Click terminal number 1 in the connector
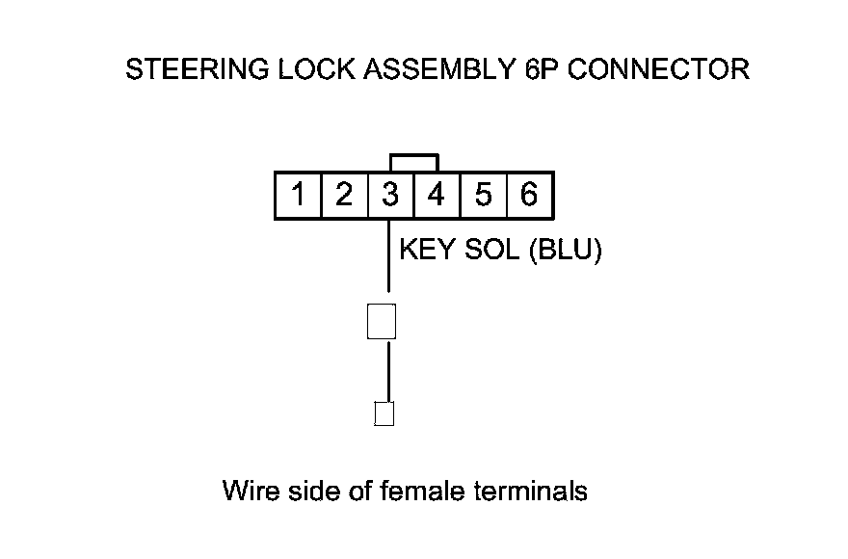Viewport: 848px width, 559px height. (x=299, y=197)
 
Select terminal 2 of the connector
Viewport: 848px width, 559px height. (x=344, y=197)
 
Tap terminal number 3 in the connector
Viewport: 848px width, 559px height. (x=390, y=197)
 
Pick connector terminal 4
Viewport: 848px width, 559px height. (x=437, y=197)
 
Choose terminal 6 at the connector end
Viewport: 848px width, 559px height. (x=529, y=197)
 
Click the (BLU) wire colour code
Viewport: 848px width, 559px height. (x=565, y=251)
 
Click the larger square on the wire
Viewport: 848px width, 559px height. (x=382, y=321)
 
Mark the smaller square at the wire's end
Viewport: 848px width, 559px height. (x=384, y=413)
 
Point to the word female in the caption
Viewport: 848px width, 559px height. (x=421, y=491)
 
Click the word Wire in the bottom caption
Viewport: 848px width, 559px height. (x=252, y=491)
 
